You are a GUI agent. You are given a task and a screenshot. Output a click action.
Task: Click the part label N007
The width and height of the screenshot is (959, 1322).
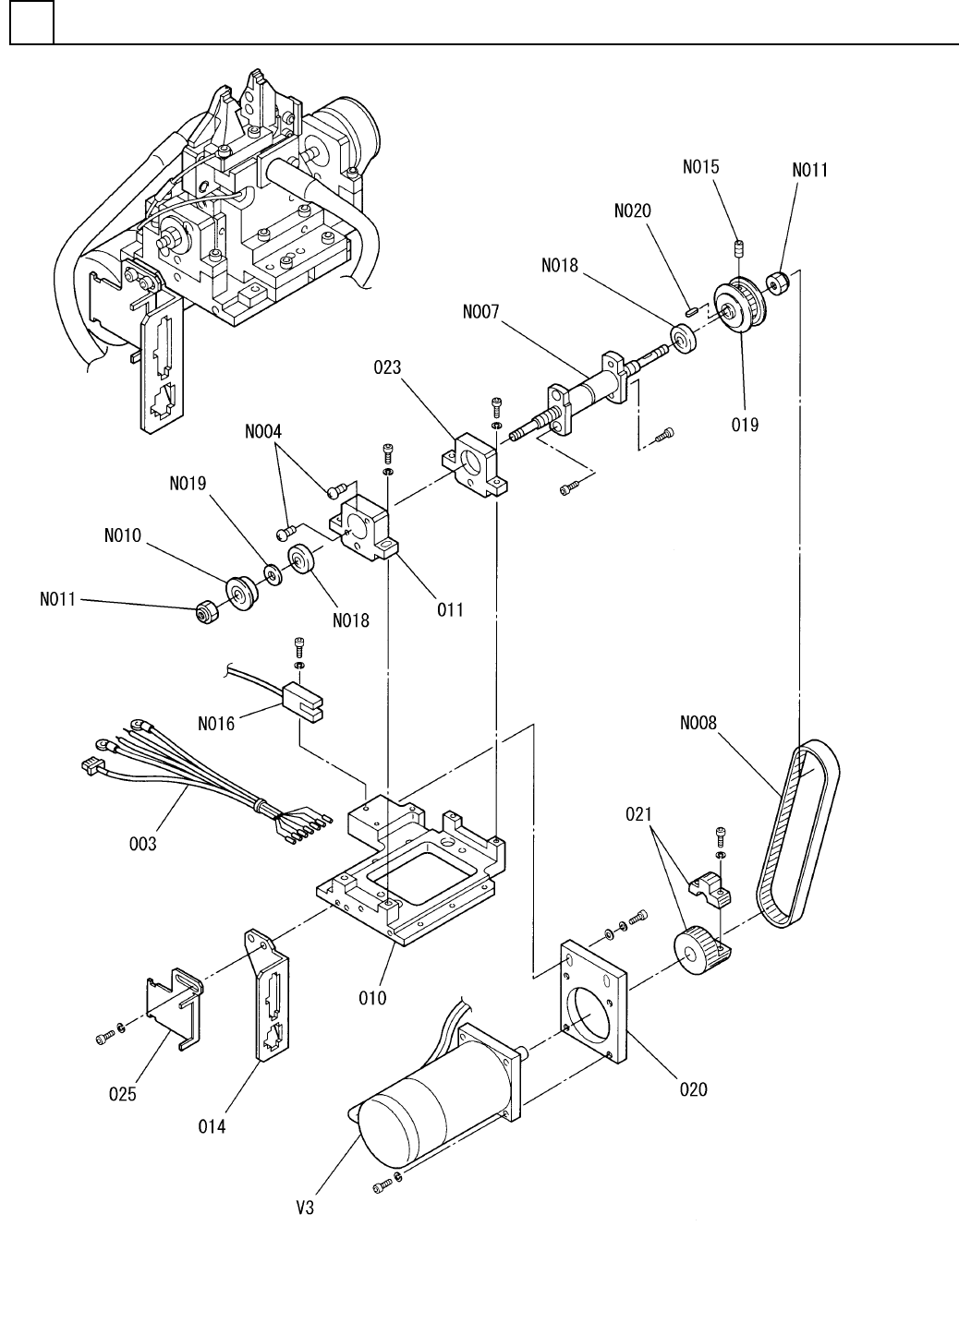tap(480, 312)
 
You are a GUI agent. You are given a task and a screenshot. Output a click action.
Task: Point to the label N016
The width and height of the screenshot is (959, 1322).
tap(216, 724)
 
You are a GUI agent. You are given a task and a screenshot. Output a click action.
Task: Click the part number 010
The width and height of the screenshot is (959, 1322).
tap(372, 998)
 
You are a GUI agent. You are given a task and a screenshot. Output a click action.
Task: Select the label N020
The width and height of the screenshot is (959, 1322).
tap(633, 210)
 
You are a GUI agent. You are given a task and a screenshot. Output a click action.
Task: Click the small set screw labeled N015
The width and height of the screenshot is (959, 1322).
tap(737, 248)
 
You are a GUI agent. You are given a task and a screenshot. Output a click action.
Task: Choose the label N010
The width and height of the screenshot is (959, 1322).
tap(123, 535)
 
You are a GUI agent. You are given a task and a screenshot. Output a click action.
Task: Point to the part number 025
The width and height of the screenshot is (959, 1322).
tap(123, 1094)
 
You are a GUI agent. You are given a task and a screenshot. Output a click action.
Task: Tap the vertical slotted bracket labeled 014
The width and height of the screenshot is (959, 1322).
tap(267, 994)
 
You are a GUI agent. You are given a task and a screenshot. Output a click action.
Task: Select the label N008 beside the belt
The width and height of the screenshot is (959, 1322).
tap(698, 722)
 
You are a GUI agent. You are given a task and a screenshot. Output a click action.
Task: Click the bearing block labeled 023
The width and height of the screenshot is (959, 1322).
tap(476, 465)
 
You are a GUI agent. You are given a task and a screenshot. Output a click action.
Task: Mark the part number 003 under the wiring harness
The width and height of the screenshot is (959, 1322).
tap(143, 844)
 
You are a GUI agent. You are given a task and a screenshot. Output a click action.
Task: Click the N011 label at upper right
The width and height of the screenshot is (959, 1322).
tap(809, 170)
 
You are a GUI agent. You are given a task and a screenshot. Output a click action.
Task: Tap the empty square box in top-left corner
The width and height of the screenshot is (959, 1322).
tap(32, 22)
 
